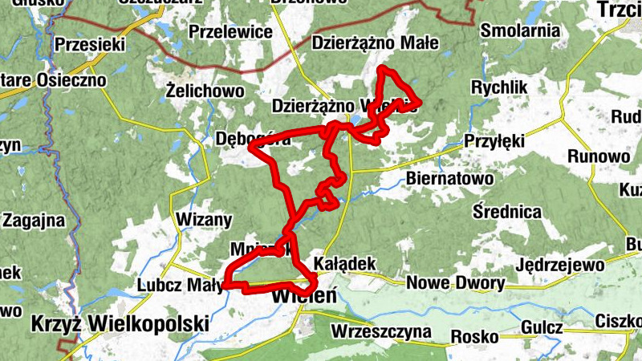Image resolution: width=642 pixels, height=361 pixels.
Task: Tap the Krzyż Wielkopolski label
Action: [120, 324]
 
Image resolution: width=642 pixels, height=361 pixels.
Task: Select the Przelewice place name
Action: [230, 32]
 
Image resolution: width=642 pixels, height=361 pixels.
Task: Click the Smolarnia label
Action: [519, 31]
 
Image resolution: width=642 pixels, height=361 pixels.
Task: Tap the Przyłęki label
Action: [494, 142]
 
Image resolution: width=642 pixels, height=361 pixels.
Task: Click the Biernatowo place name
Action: [449, 177]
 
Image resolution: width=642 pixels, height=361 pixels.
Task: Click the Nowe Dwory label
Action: [456, 282]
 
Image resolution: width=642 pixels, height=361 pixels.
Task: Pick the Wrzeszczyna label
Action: [380, 331]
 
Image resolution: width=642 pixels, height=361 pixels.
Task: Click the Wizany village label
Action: [202, 220]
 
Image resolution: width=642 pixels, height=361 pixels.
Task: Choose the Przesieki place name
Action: [89, 45]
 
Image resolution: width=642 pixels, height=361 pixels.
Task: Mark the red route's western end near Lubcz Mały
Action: [226, 284]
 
